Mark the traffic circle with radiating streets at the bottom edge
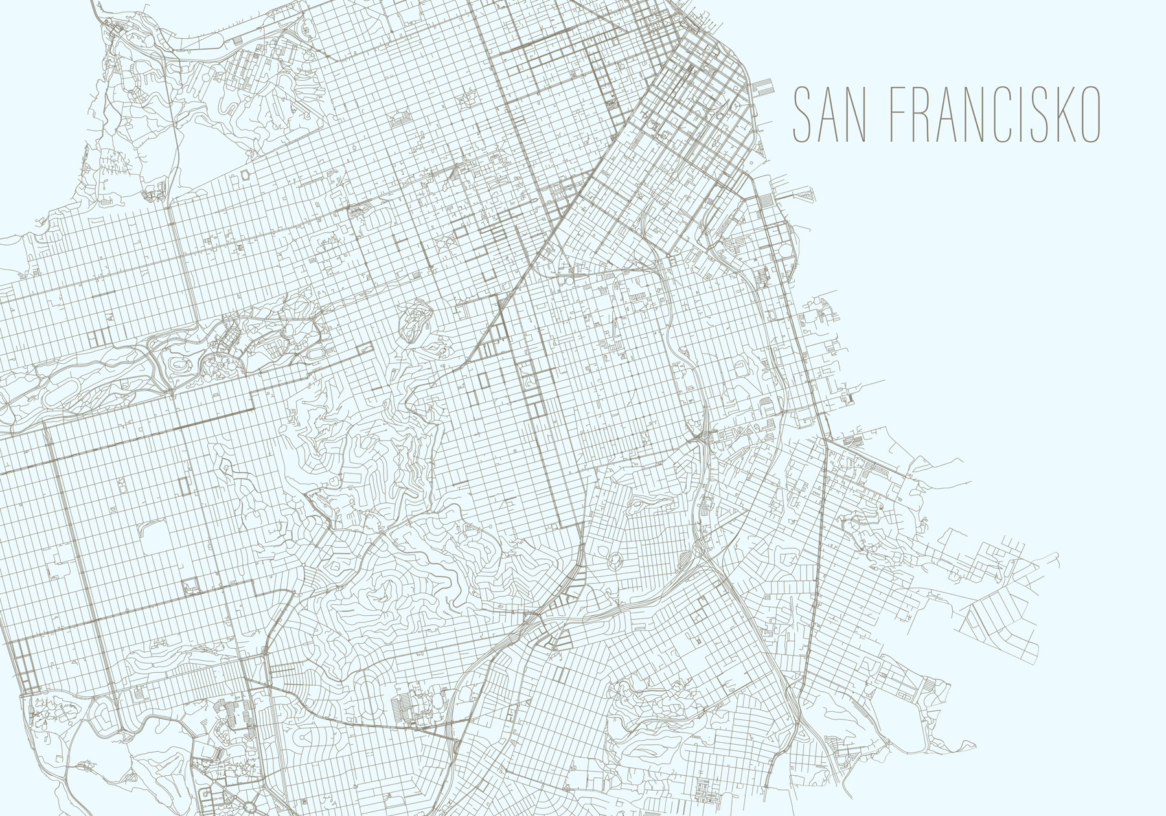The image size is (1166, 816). coord(249,808)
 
